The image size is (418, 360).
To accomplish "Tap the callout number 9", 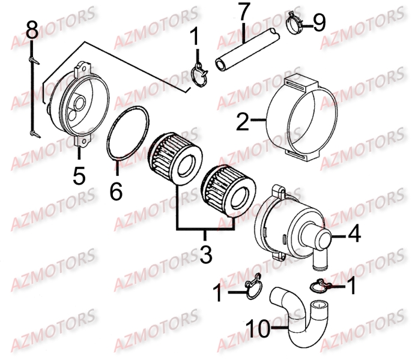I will coord(318,23).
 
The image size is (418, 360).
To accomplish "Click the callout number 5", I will coord(79,176).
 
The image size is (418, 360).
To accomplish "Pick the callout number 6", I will coord(116,191).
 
